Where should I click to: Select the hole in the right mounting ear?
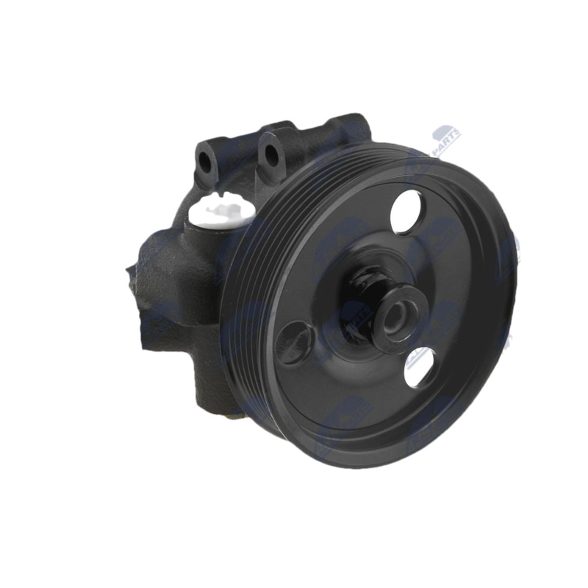(271, 155)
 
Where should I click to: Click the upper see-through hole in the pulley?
(406, 211)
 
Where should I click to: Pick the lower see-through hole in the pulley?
(420, 367)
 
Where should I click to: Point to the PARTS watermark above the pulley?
(446, 140)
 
